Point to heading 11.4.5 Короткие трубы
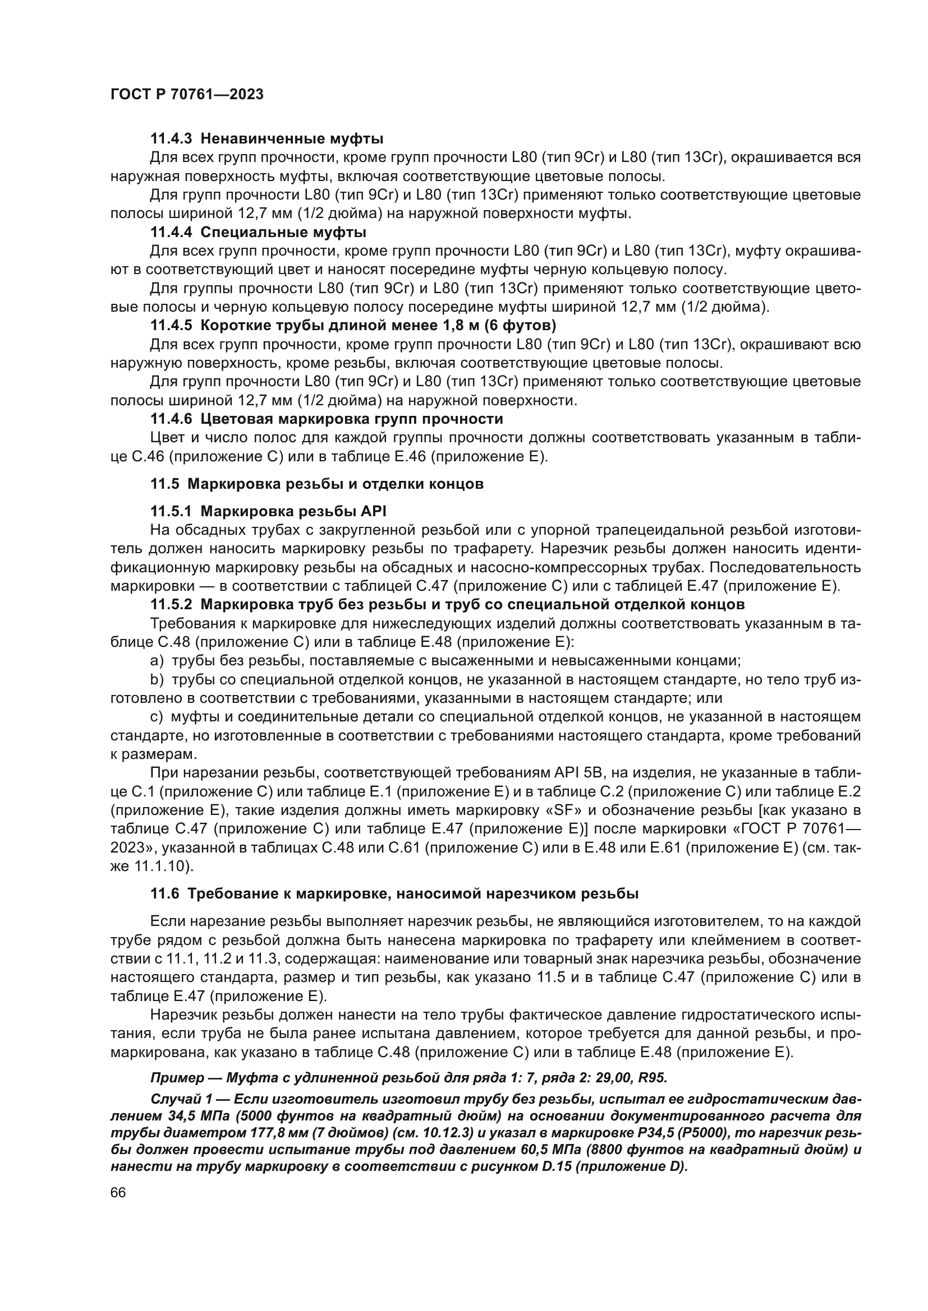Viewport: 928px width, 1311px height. (x=352, y=326)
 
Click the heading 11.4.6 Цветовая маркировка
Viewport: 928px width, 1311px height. (x=327, y=419)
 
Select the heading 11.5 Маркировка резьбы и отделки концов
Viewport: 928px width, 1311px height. (x=316, y=484)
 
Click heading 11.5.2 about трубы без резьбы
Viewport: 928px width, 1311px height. (x=447, y=604)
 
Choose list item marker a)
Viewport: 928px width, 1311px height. (x=157, y=661)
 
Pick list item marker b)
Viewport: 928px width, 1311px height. (x=157, y=679)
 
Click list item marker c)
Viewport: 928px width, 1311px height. (x=157, y=717)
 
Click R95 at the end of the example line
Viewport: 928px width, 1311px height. (x=652, y=1078)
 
